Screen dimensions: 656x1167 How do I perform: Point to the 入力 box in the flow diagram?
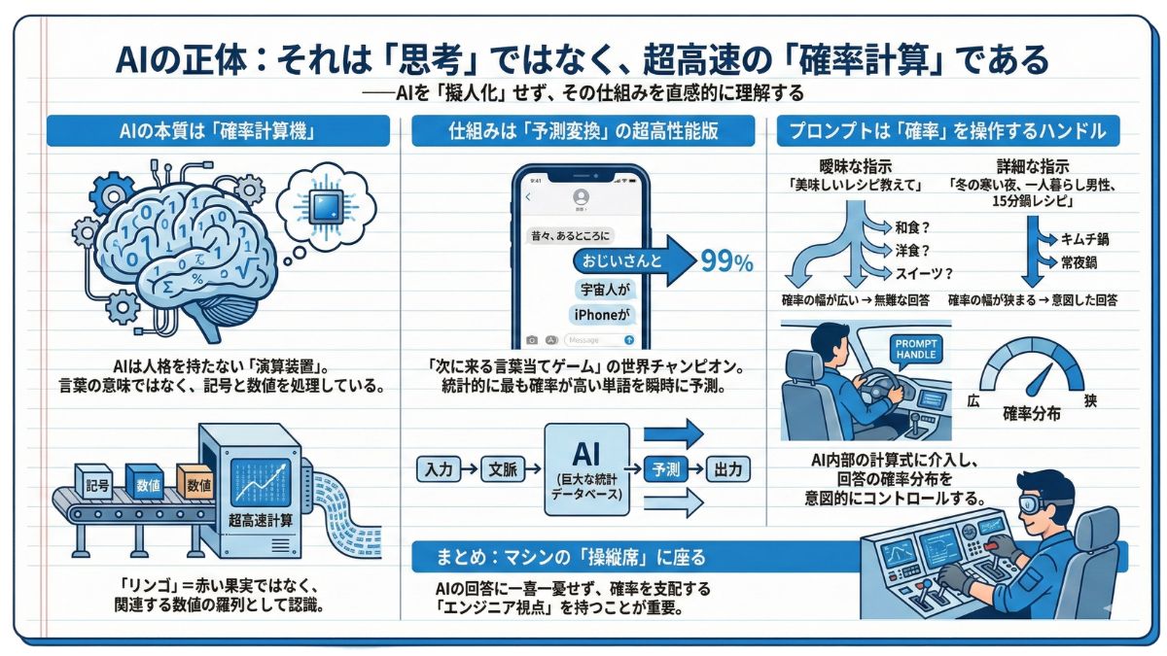440,469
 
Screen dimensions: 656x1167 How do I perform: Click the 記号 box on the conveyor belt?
97,481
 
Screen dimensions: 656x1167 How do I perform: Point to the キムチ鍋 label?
1086,238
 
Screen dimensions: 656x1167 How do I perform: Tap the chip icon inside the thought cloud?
321,205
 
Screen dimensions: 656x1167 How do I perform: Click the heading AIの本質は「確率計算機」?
218,131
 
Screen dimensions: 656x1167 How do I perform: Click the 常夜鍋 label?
1079,262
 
